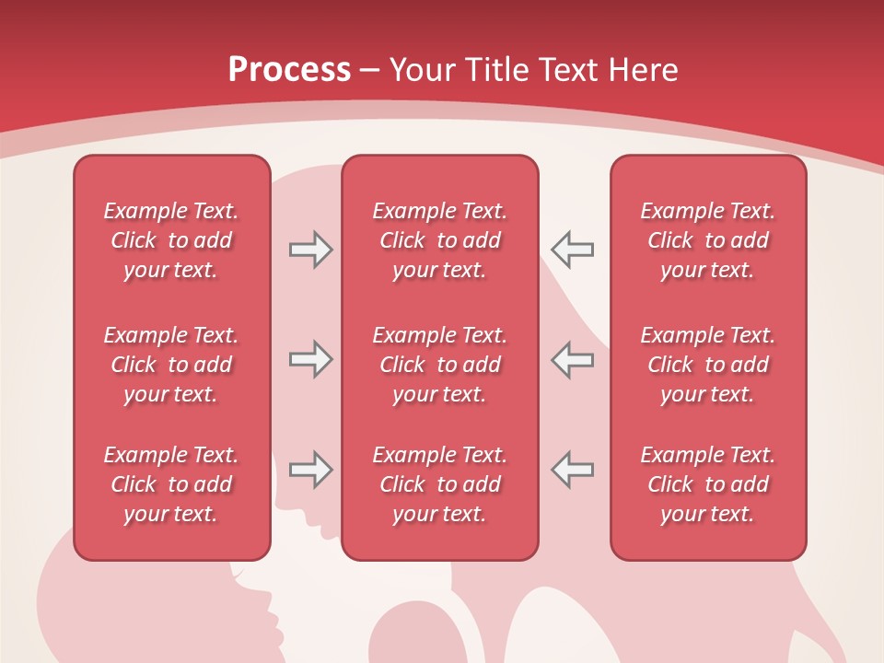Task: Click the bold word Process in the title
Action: point(289,70)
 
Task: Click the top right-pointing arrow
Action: point(310,250)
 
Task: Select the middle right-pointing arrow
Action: point(310,359)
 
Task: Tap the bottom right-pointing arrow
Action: point(310,470)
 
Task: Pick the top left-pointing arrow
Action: point(572,250)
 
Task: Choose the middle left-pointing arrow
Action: point(572,359)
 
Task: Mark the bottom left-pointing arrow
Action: point(572,470)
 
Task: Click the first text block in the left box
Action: point(171,240)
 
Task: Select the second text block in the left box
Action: point(171,365)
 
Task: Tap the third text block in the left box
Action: point(171,484)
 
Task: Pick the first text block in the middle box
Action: point(439,240)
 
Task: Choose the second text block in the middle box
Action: point(439,365)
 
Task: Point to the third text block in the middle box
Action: point(439,484)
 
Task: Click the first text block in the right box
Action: point(707,240)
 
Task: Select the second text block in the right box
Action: point(707,365)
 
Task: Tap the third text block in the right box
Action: point(707,484)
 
